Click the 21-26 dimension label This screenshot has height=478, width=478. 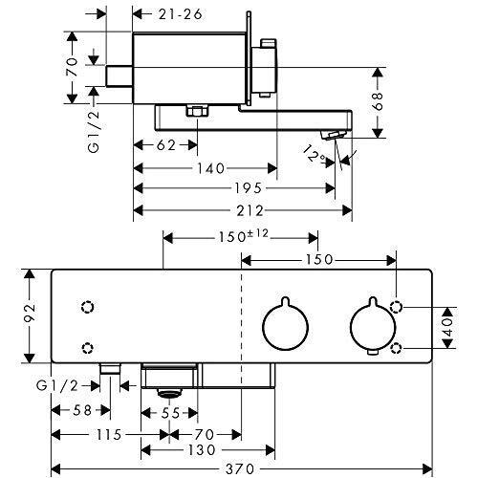181,14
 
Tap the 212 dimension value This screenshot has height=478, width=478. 250,211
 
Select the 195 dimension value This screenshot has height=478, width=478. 249,188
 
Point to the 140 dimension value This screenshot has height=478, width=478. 211,168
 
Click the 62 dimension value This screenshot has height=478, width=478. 166,145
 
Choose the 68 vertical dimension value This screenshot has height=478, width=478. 378,101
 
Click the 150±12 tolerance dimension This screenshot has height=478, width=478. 244,236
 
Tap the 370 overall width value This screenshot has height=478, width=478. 240,468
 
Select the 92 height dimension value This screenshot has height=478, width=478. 30,313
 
